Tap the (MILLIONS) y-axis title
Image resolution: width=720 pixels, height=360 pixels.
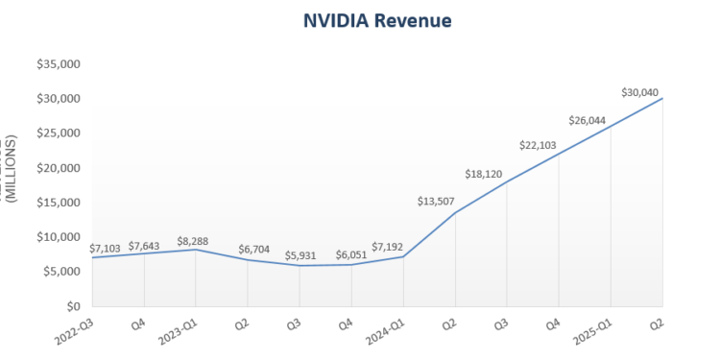click(12, 168)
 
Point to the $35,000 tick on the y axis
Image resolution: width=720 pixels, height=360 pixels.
click(59, 64)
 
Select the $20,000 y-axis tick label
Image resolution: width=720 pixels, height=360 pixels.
click(59, 168)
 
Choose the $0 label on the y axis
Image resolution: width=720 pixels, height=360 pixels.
click(71, 306)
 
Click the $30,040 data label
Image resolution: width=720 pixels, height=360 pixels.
click(640, 92)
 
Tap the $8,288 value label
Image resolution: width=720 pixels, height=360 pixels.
click(196, 241)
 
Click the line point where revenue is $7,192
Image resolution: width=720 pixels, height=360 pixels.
click(403, 256)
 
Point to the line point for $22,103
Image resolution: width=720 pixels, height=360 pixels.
click(559, 154)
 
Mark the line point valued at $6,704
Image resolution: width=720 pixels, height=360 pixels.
click(248, 260)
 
